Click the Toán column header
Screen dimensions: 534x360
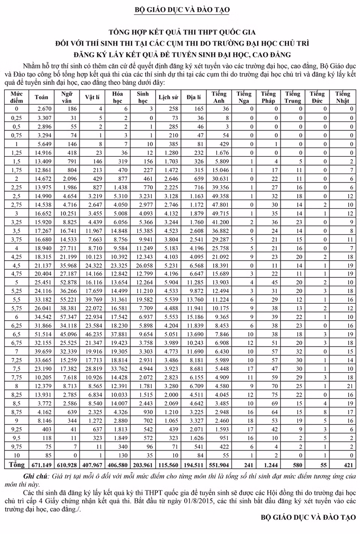click(x=41, y=97)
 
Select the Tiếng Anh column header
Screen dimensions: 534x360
click(x=219, y=97)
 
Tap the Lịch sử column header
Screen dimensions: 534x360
click(x=168, y=97)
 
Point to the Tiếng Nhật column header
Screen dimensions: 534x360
click(x=342, y=97)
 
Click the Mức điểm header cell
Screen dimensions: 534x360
click(x=16, y=97)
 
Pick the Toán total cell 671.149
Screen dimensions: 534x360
click(x=41, y=465)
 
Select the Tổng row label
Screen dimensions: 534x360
click(x=16, y=465)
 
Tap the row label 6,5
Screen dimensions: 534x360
click(x=16, y=334)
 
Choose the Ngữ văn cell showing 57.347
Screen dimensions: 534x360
click(x=68, y=317)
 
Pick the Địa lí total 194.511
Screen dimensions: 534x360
click(x=193, y=465)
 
